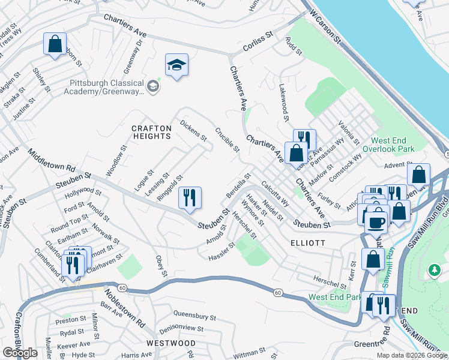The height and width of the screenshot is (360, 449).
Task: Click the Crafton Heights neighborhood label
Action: coord(152,132)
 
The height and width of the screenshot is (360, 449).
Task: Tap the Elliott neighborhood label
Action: coord(307,243)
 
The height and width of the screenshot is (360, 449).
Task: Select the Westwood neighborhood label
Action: coord(171,343)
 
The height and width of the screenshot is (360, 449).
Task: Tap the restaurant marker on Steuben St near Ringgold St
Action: coord(190,198)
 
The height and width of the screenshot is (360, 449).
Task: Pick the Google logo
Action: coord(20,353)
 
